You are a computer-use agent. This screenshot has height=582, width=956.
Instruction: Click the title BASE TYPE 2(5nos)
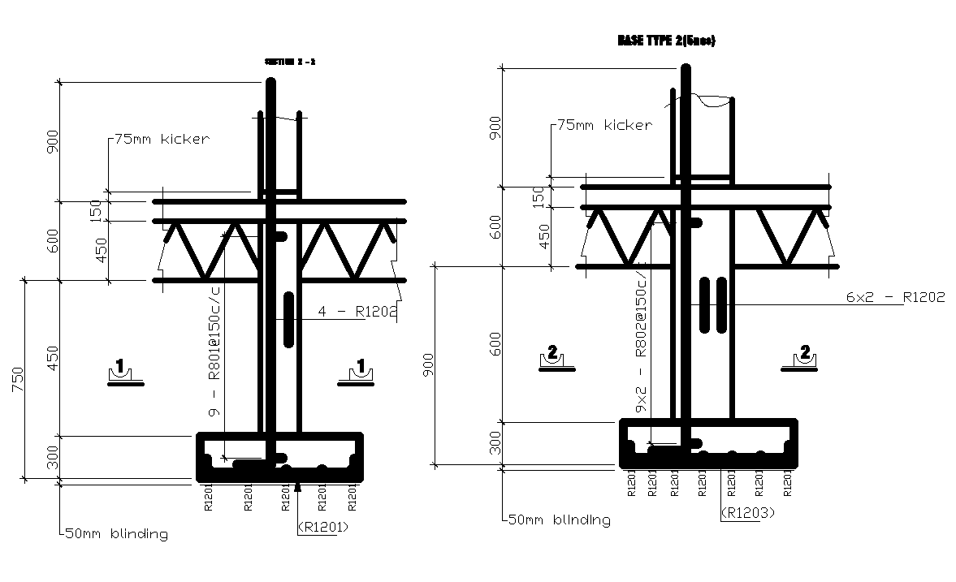point(666,41)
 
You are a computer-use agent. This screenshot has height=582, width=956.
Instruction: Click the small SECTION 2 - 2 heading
point(290,62)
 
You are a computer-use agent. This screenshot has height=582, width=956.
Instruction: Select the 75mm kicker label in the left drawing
point(162,139)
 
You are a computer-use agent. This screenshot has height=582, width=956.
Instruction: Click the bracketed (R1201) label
point(322,527)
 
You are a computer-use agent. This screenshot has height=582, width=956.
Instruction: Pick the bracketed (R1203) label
point(747,512)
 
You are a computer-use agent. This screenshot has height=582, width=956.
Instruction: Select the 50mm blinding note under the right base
point(559,519)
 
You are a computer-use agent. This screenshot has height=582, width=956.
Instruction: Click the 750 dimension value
point(17,379)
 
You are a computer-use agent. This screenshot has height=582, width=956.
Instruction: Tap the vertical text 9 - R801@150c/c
point(215,349)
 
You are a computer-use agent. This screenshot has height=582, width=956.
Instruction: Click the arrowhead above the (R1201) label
point(298,487)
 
